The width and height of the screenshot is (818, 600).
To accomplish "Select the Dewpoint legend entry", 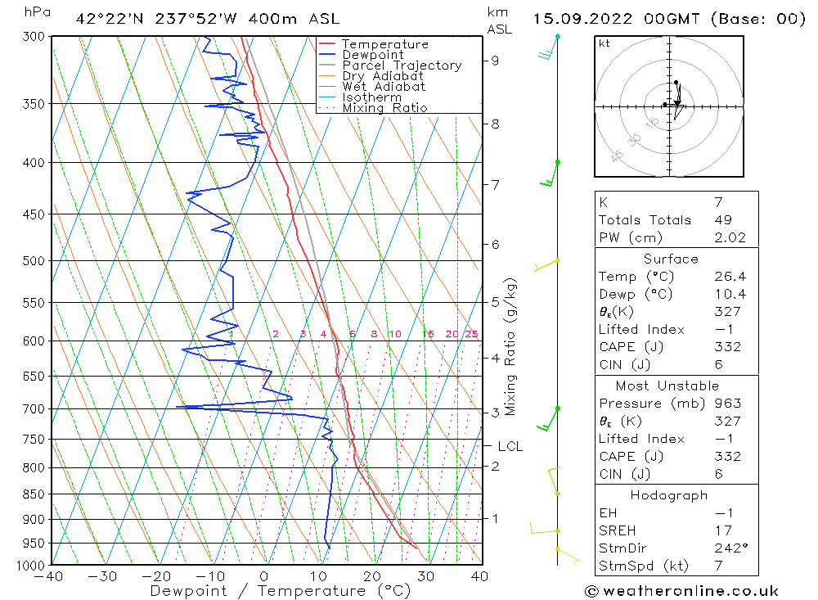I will tap(372, 55).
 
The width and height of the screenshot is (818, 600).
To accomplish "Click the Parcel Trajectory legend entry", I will tap(401, 65).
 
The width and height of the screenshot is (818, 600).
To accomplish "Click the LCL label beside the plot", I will tap(510, 446).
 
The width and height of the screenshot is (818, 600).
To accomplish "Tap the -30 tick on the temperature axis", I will tap(103, 576).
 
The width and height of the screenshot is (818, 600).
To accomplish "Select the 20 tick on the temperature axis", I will tap(372, 576).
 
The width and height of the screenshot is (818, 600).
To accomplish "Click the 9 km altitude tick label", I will tap(496, 61).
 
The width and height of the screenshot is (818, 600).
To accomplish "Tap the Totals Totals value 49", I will tap(722, 219).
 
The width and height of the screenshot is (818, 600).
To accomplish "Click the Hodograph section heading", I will tap(670, 495).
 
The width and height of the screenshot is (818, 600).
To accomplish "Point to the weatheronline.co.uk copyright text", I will tap(682, 590).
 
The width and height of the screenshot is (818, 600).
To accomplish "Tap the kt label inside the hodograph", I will tap(605, 43).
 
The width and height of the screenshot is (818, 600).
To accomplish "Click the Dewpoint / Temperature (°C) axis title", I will tap(281, 591).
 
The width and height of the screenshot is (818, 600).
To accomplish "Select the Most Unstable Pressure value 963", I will tap(726, 404).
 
